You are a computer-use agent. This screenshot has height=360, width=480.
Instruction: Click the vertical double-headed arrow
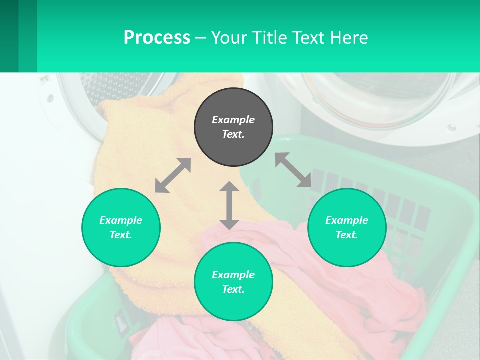point(229,205)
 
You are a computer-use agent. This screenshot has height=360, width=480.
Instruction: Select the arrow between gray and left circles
point(173,175)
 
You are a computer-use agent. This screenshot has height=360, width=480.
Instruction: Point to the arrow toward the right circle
point(293,170)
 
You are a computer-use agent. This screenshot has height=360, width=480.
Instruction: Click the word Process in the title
point(157,37)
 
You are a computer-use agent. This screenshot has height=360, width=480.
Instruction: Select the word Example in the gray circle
point(233,120)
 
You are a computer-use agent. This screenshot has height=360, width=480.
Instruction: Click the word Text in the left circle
point(121,235)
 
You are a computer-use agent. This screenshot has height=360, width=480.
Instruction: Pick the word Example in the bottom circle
point(233,275)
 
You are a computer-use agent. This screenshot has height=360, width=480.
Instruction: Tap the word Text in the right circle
point(347,235)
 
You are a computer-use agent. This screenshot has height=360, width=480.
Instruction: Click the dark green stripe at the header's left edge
point(9,36)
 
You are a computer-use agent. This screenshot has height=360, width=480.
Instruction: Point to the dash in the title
point(200,38)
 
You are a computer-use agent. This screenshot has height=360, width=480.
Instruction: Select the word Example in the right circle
point(347,220)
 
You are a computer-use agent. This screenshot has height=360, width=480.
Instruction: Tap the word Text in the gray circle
point(233,134)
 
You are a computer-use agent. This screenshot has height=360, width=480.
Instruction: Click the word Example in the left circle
point(121,220)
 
